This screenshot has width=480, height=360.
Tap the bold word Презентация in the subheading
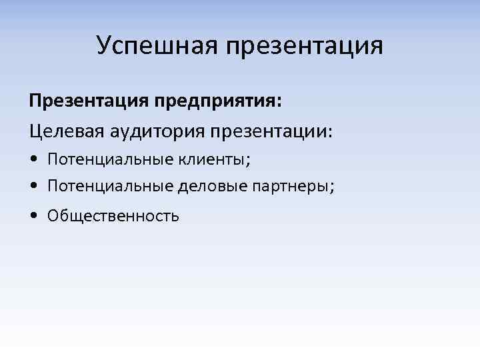[x=89, y=101]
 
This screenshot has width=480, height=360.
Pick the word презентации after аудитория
[x=267, y=131]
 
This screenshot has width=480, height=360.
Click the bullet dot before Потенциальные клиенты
[x=33, y=159]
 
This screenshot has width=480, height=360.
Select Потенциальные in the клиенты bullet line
[x=110, y=159]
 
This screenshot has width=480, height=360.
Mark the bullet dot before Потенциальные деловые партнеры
[x=33, y=187]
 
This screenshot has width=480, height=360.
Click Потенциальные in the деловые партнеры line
[x=110, y=187]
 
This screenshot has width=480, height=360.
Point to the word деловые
[x=212, y=187]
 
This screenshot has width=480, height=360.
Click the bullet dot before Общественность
[x=33, y=216]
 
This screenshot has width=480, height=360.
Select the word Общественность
[x=113, y=216]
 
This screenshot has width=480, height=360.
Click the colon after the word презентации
[x=328, y=132]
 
